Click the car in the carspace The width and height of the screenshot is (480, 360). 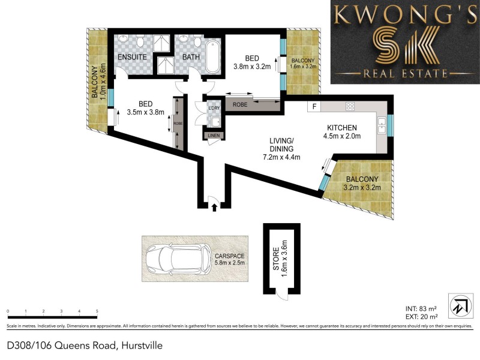pyautogui.click(x=178, y=259)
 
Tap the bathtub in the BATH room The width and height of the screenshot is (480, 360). pyautogui.click(x=212, y=57)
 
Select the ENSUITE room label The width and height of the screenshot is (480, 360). pyautogui.click(x=132, y=57)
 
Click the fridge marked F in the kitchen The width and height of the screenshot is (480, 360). pyautogui.click(x=313, y=107)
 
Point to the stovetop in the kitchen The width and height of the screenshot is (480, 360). pyautogui.click(x=350, y=107)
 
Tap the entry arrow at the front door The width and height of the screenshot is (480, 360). pyautogui.click(x=214, y=208)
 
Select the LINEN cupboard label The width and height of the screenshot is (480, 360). pyautogui.click(x=214, y=136)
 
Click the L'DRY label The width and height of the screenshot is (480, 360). pyautogui.click(x=214, y=108)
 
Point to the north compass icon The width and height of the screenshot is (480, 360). pyautogui.click(x=458, y=305)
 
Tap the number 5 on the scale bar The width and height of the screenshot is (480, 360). pyautogui.click(x=97, y=311)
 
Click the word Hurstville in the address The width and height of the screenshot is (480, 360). pyautogui.click(x=142, y=346)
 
